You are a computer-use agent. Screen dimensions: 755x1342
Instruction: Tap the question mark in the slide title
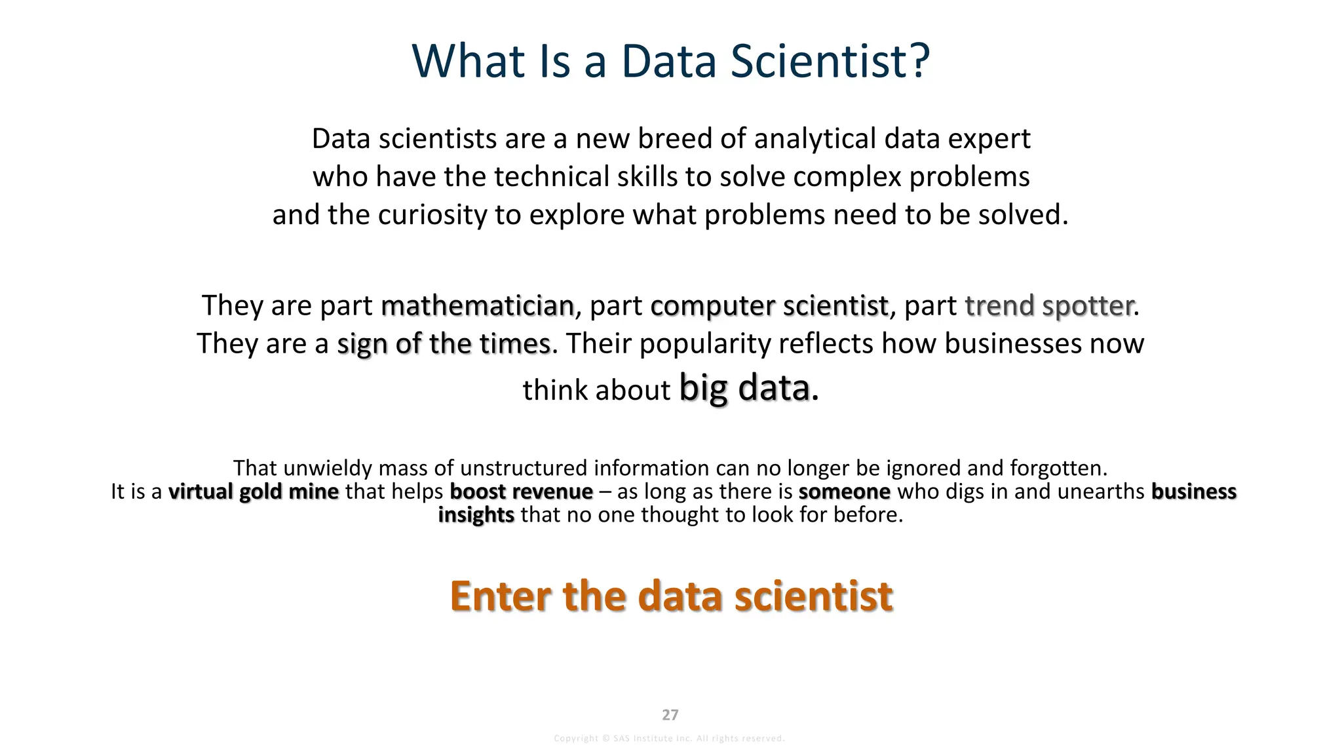tap(918, 61)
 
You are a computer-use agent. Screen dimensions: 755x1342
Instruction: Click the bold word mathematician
tap(477, 305)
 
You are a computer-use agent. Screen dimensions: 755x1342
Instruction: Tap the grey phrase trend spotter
tap(1049, 305)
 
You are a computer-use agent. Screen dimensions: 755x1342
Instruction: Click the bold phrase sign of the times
tap(443, 343)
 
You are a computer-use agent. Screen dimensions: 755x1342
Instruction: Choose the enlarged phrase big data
tap(744, 387)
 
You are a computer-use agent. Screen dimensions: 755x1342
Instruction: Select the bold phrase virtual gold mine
tap(254, 492)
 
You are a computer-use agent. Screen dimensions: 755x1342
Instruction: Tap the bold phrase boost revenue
tap(521, 492)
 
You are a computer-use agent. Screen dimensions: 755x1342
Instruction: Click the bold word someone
tap(844, 492)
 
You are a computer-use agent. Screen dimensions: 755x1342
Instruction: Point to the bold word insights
tap(476, 515)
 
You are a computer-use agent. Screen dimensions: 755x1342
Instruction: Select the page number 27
tap(670, 715)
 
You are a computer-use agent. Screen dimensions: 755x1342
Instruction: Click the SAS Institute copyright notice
tap(669, 739)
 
